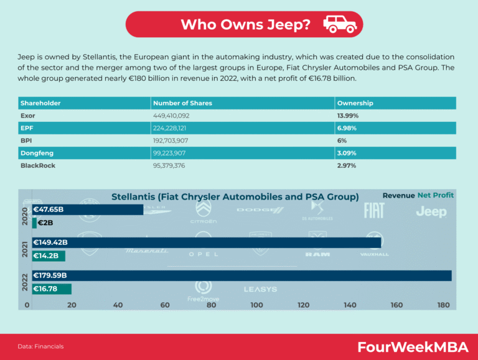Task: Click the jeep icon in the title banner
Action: coord(340,24)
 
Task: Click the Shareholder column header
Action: coord(40,103)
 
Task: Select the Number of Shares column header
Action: coord(182,103)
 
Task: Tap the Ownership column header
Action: coord(355,103)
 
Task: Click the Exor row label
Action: coord(29,116)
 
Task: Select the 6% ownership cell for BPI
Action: coord(342,141)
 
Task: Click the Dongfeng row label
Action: coord(36,154)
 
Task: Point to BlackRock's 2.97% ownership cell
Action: coord(347,166)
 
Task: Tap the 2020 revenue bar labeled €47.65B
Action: coord(87,210)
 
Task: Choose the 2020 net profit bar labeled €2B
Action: coord(34,223)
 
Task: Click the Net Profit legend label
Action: coord(436,195)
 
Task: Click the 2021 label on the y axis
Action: coord(23,249)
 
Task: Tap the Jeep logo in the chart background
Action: coord(431,212)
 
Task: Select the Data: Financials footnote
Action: coord(40,346)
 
